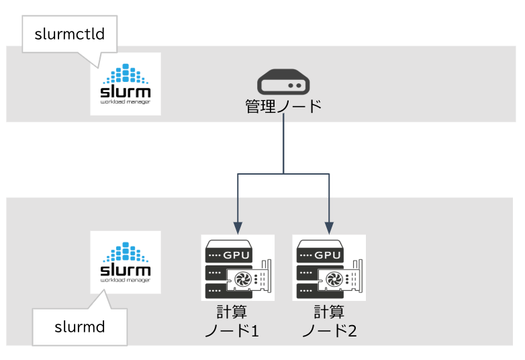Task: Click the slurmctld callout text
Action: [69, 34]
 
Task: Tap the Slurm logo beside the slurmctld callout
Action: [126, 83]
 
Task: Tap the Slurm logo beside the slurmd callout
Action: [126, 262]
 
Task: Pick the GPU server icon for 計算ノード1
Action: [238, 267]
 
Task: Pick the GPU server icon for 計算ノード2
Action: [329, 267]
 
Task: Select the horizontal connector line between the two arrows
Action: [283, 175]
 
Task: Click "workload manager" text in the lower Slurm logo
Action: [125, 281]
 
